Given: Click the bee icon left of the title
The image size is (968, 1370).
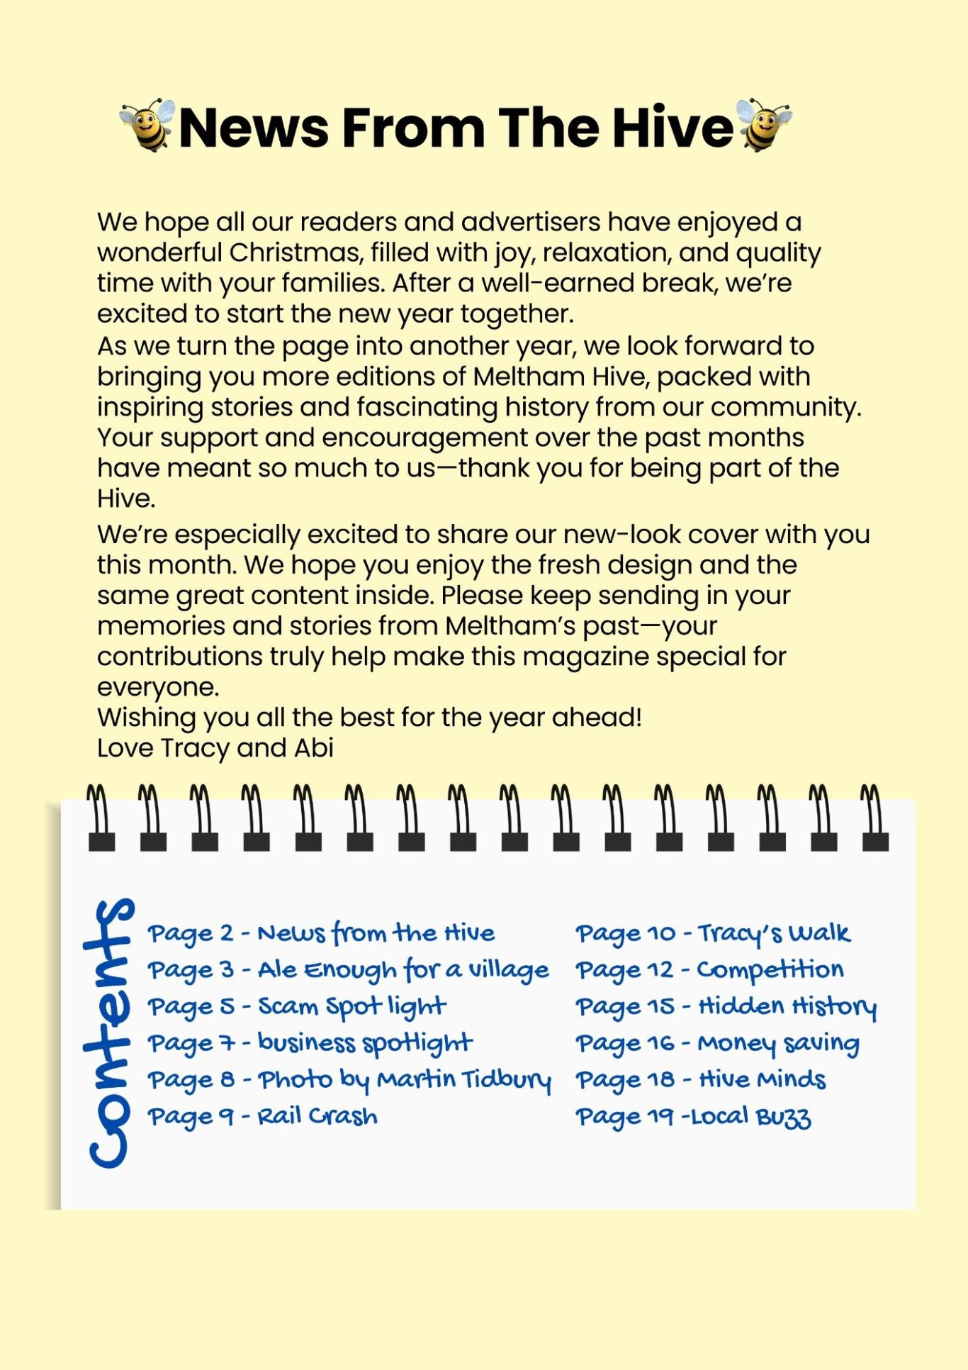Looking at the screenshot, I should click(x=147, y=126).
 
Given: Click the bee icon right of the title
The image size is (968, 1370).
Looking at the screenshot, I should click(x=762, y=125).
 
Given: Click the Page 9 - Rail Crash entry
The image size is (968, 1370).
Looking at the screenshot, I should click(x=262, y=1117).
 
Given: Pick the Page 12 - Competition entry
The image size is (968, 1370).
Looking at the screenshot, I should click(x=709, y=970).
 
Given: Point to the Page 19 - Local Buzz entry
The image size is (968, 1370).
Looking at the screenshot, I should click(x=693, y=1118).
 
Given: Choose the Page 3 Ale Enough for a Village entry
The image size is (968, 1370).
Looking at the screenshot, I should click(x=348, y=970).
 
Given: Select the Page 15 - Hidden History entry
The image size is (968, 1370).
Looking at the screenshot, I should click(x=726, y=1007).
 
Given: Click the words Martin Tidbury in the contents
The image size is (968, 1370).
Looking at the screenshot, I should click(x=463, y=1080).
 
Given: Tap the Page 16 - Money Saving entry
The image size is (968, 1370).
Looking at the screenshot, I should click(x=717, y=1044).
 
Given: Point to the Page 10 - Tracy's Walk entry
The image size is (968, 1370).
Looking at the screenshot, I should click(x=712, y=934).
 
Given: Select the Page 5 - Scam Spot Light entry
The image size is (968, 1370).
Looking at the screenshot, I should click(x=297, y=1007).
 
